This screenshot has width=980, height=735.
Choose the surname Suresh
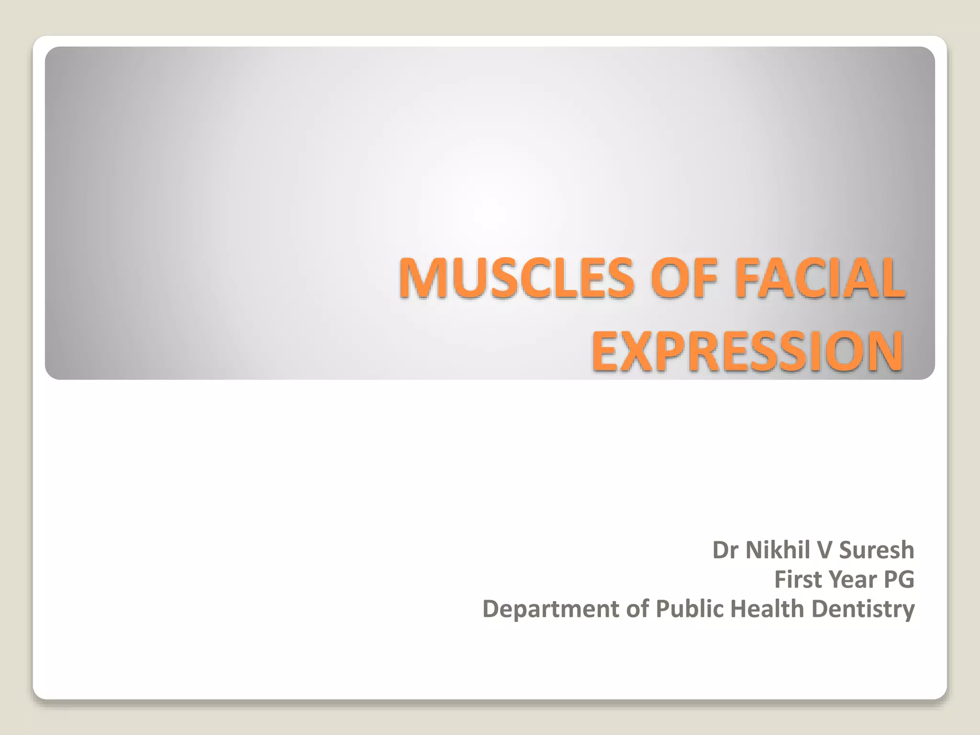pyautogui.click(x=877, y=550)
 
